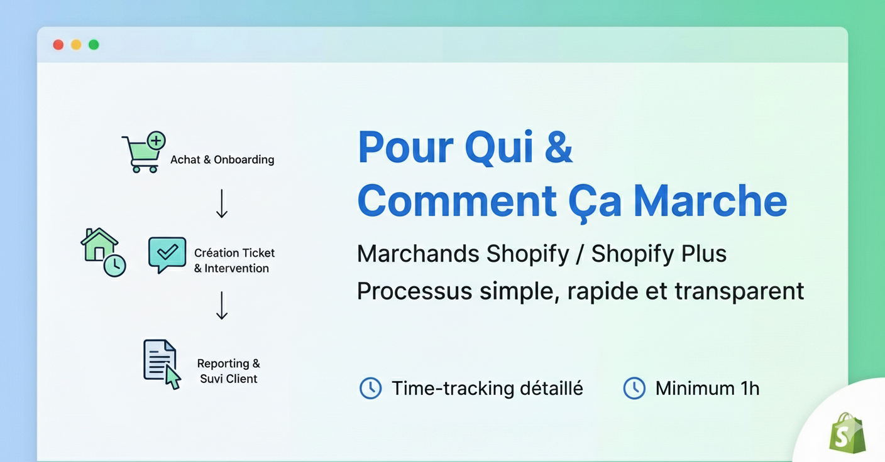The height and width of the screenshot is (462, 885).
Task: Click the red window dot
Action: point(58,45)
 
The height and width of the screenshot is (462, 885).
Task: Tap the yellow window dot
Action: point(76,45)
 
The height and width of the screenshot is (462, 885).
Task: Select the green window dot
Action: point(94,45)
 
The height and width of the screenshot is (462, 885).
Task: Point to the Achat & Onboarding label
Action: point(223,159)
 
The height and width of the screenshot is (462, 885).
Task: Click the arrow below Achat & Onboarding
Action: point(221,203)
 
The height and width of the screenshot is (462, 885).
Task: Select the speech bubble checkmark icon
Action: point(167,254)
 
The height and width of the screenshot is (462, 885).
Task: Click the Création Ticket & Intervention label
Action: point(234,261)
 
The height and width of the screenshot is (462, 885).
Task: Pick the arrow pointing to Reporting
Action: point(221,305)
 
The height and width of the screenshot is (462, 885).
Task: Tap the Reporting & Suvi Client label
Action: point(228,371)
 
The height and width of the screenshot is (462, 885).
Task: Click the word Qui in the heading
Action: point(499,147)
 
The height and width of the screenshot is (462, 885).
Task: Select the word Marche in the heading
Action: point(710,201)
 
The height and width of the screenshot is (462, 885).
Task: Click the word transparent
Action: point(739,291)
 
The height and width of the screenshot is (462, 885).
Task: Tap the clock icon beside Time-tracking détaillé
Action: point(370,388)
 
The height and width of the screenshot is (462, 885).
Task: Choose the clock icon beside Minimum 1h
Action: point(634,388)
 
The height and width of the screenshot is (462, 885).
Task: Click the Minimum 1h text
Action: point(707,388)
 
